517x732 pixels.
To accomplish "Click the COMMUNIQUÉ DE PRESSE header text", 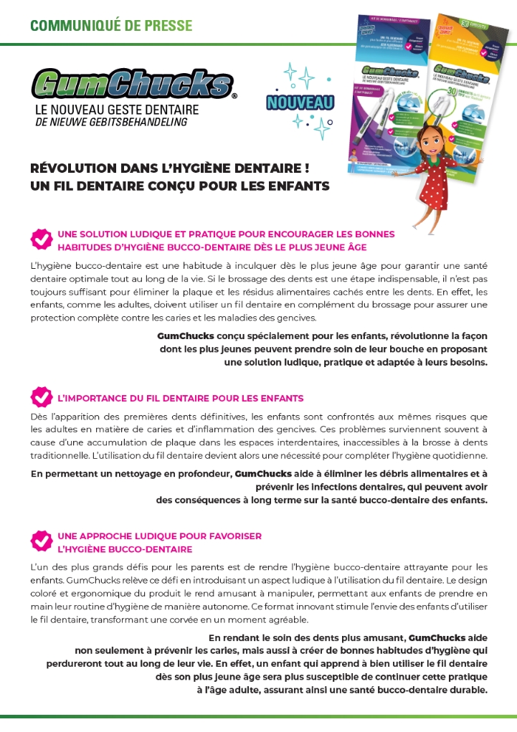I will pos(111,26).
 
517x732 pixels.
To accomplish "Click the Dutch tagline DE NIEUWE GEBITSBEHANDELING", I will pos(101,123).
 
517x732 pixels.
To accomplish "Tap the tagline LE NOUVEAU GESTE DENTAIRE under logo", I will pos(117,111).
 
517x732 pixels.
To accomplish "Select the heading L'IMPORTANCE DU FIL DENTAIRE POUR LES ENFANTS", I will pos(180,398).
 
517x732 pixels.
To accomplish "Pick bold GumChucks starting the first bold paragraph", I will pos(180,336).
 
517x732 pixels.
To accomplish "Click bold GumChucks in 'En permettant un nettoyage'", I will pos(262,474).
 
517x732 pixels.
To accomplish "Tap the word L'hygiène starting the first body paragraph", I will pos(53,266).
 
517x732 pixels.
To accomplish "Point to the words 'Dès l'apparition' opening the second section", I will pos(67,417).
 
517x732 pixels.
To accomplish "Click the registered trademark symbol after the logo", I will pos(234,95).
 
